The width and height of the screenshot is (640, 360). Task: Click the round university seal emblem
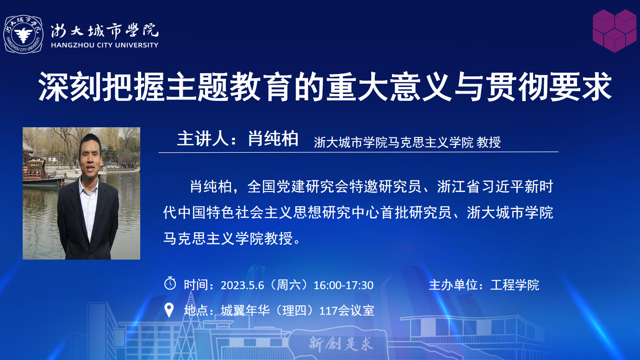pos(24,34)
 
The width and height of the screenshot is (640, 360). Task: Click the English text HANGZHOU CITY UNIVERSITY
pos(105,45)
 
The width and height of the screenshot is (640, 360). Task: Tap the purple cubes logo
pos(615,31)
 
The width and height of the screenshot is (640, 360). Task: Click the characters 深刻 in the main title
pos(70,86)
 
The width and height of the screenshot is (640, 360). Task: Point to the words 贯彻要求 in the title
pos(549,86)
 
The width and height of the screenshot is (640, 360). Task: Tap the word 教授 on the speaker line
pos(489,142)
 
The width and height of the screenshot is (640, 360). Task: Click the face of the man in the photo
pos(91,156)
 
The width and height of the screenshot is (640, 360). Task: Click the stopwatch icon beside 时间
pos(170,284)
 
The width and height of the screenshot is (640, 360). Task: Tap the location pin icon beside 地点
pos(169,310)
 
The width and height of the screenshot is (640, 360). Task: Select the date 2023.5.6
pos(242,286)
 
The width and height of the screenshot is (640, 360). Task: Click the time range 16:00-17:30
pos(343,286)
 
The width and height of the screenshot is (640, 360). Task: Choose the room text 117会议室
pos(347,310)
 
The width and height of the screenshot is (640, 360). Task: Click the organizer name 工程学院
pos(515,285)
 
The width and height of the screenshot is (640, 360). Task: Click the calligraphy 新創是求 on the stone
pos(341,344)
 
